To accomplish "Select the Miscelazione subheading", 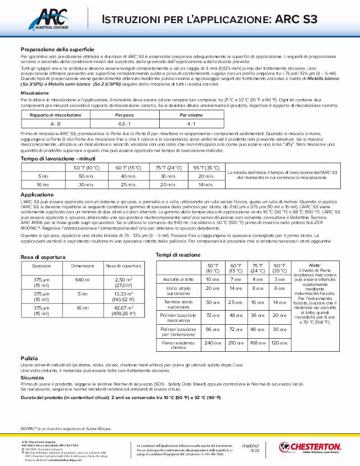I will (35, 93).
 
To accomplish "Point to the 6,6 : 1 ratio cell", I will (124, 122).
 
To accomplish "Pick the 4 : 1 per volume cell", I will (191, 122).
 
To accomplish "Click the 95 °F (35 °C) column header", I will (206, 167).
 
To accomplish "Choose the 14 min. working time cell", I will (206, 184).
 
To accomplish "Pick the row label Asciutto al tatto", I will (178, 279).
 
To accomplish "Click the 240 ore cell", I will (212, 342).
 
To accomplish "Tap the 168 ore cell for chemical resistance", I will (256, 342).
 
